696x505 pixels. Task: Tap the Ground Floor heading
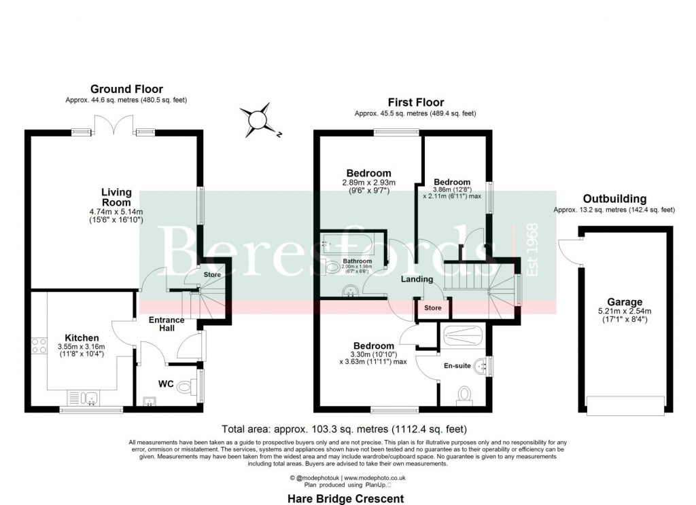(127, 89)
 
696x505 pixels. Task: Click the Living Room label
(116, 198)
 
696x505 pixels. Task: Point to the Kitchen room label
(82, 337)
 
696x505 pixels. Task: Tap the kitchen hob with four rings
(38, 345)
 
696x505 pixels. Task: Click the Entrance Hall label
(167, 324)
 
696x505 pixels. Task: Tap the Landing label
(417, 279)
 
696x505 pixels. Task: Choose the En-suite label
(457, 366)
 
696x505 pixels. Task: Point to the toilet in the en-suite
(466, 394)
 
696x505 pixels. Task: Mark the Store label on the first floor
(433, 308)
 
